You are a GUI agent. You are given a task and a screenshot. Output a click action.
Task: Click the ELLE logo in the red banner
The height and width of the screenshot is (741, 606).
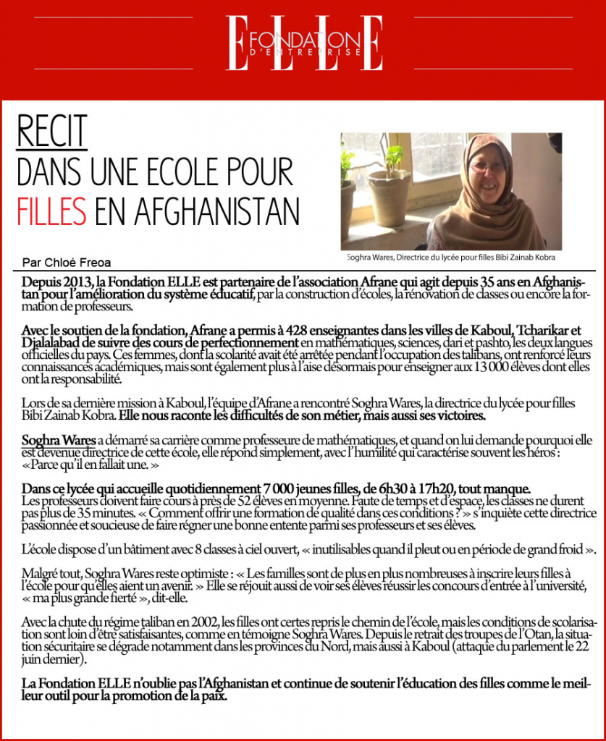pos(304,43)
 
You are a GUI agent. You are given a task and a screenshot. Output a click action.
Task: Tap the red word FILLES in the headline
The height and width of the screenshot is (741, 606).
pos(51,211)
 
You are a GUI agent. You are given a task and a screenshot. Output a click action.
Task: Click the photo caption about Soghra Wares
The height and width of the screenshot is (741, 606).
pos(451,257)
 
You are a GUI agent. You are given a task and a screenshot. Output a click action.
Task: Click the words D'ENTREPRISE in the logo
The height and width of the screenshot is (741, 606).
pos(304,52)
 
